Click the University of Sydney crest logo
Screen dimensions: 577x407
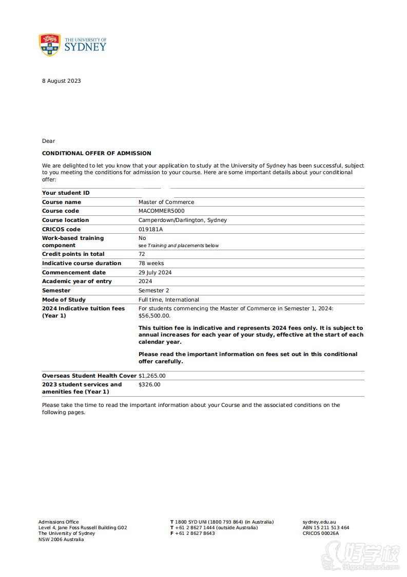[50, 45]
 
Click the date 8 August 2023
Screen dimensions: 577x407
[61, 81]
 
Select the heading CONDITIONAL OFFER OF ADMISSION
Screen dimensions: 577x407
[96, 153]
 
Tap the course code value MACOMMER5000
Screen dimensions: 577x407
[161, 211]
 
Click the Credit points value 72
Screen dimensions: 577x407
[142, 254]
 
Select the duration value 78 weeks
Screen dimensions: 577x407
[151, 263]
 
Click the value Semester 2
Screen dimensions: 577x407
[153, 290]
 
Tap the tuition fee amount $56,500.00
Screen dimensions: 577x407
[154, 316]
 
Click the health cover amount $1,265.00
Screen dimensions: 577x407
[152, 376]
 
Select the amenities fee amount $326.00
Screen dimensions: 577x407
[149, 384]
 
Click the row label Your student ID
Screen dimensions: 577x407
[66, 193]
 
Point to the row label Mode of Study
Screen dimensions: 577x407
[64, 300]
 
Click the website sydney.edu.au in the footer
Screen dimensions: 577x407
[319, 522]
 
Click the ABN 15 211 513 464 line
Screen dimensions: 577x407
[326, 528]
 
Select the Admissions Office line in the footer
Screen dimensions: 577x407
[59, 522]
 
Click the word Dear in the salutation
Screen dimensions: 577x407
[48, 141]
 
